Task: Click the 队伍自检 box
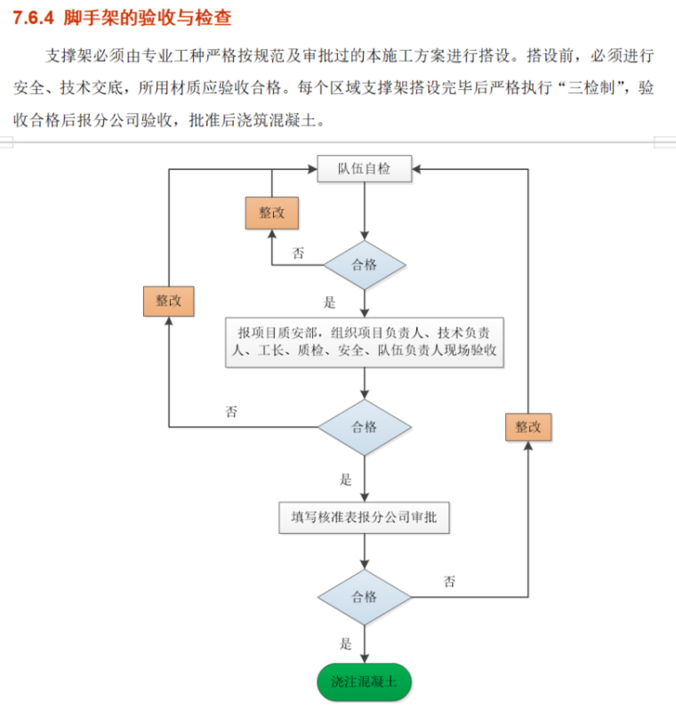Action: pyautogui.click(x=365, y=168)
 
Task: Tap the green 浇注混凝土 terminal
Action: pyautogui.click(x=365, y=682)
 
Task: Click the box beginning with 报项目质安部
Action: pyautogui.click(x=365, y=342)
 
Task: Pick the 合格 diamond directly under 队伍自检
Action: pyautogui.click(x=365, y=265)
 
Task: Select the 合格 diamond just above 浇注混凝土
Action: pyautogui.click(x=365, y=596)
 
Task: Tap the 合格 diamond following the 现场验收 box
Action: pyautogui.click(x=365, y=427)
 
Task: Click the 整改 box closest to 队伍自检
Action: pyautogui.click(x=271, y=213)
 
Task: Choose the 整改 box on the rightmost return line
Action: pyautogui.click(x=528, y=426)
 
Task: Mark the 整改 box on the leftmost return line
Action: pyautogui.click(x=169, y=300)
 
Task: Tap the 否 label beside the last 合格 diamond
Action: pyautogui.click(x=449, y=582)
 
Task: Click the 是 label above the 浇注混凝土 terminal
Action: pyautogui.click(x=346, y=643)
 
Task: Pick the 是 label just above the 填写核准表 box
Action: pyautogui.click(x=346, y=480)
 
